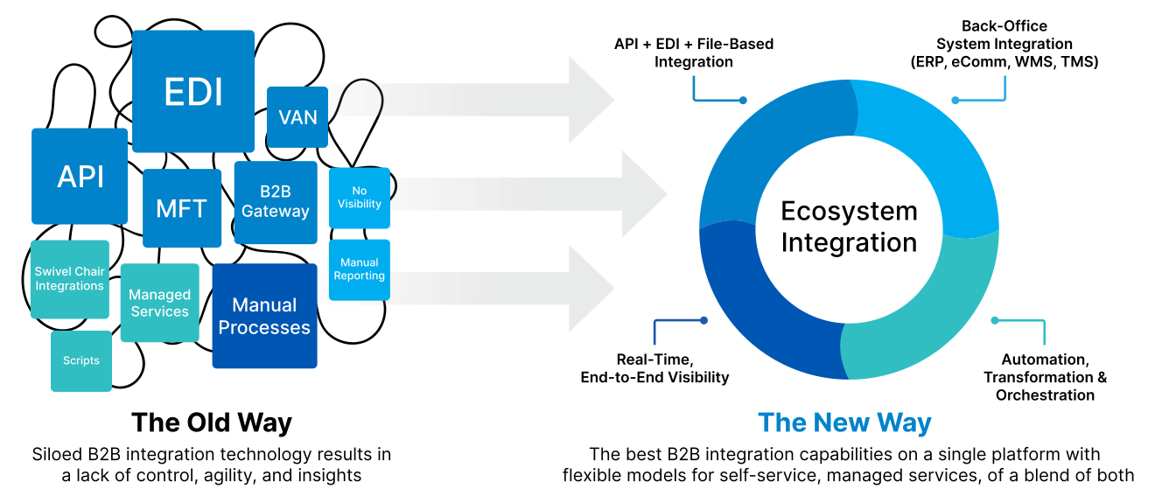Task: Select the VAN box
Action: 297,116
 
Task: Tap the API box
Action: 80,177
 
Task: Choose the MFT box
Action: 182,208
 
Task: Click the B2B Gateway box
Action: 276,203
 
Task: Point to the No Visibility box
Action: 360,198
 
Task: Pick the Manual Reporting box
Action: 360,269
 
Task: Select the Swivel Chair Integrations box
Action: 70,279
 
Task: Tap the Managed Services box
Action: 159,303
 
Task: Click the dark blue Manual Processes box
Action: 264,316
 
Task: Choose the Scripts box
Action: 81,360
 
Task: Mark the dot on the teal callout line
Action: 995,320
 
